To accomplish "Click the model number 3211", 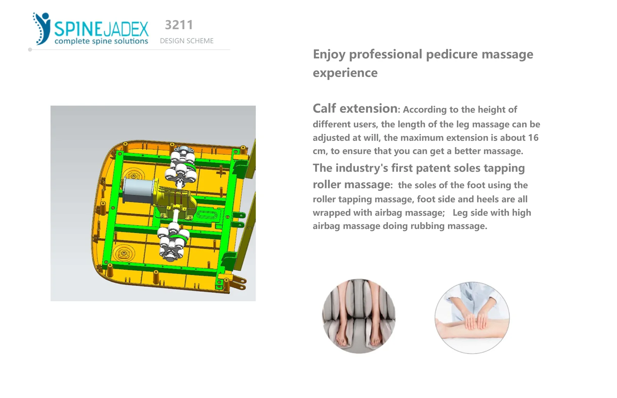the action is pos(179,25).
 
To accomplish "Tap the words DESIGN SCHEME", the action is pos(187,41).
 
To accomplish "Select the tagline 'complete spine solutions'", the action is pos(101,41).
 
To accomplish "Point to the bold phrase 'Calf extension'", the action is pos(355,108).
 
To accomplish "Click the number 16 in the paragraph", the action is pos(533,137).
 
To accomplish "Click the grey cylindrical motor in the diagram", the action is pos(138,191).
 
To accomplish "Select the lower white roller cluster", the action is pos(173,241).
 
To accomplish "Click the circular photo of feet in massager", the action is pos(359,316).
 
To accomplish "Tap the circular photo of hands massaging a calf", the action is pos(472,318).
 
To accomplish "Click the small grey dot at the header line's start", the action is pos(30,50).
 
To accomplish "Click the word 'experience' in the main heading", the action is pos(345,73).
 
